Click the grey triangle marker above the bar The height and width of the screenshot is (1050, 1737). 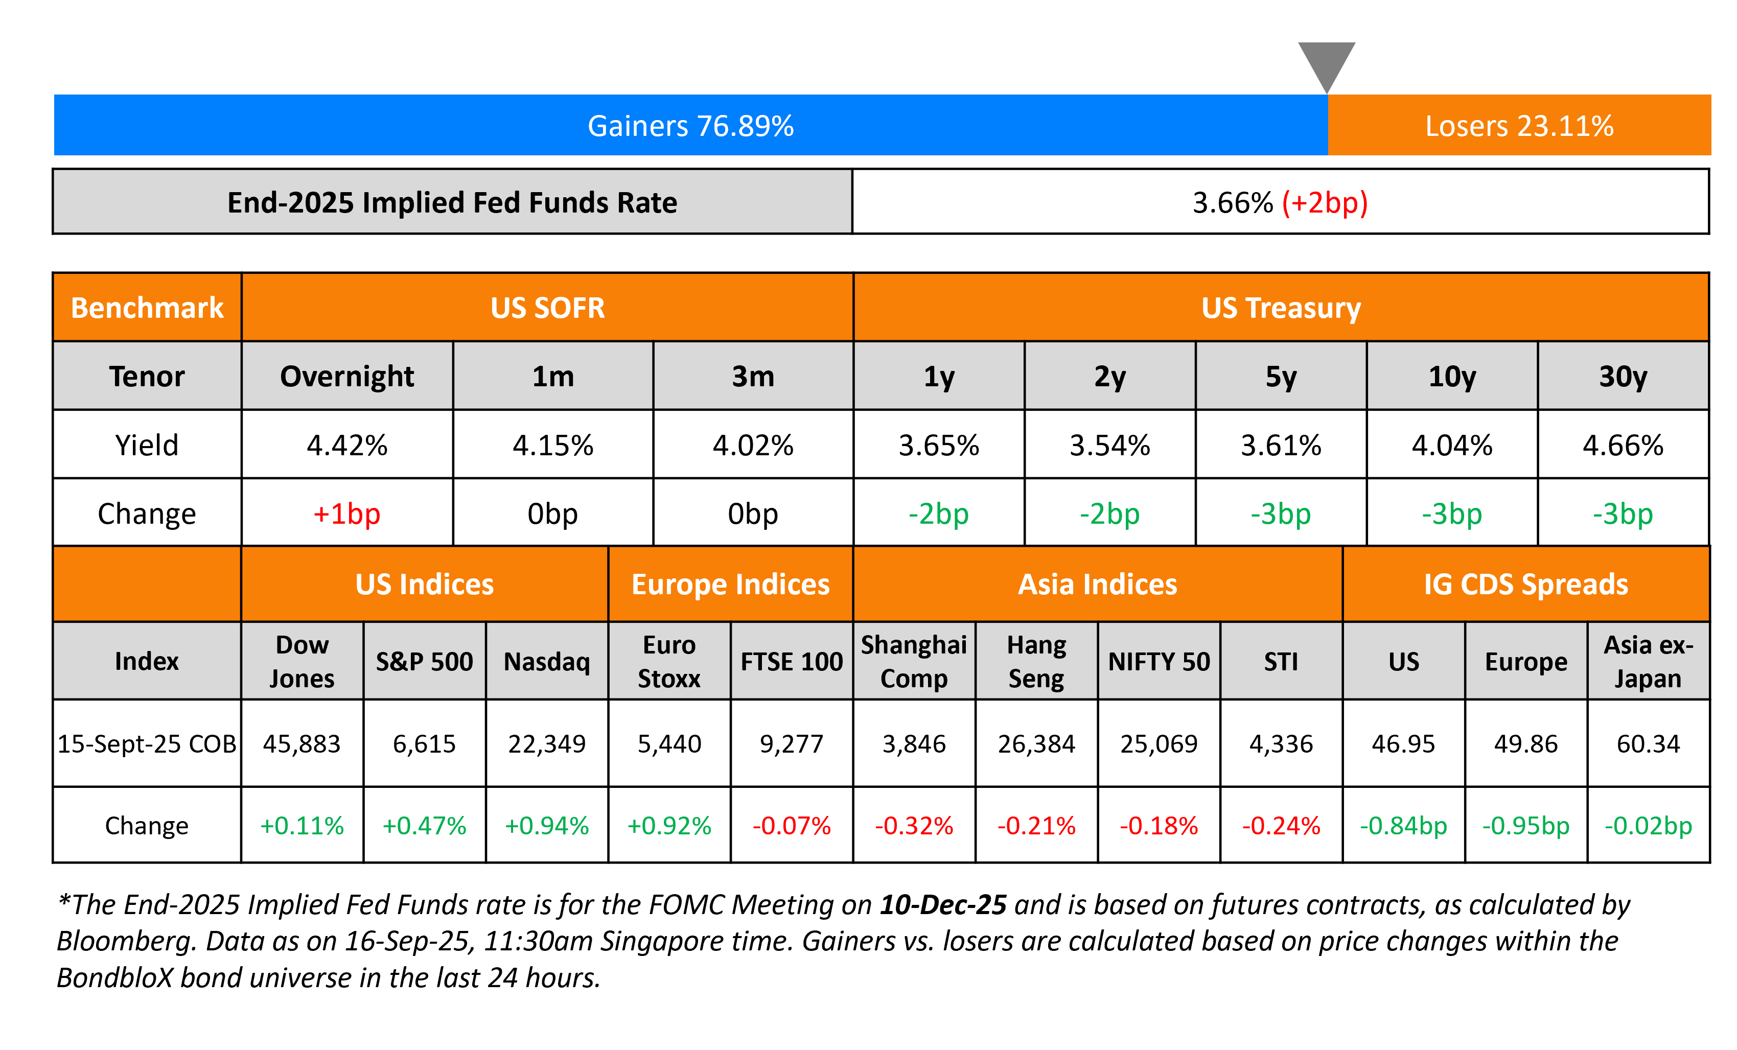click(1326, 63)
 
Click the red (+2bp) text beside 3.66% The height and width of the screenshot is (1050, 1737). click(1324, 203)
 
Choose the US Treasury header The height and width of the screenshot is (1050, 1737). click(1280, 308)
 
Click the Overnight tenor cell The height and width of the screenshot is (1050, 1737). click(347, 376)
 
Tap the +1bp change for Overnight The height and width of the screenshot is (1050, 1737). click(347, 514)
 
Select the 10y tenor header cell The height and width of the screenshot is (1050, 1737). click(1451, 376)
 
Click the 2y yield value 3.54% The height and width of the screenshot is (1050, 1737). click(1109, 446)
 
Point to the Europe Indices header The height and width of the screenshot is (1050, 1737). click(730, 584)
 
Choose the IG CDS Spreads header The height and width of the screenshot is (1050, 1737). click(1525, 584)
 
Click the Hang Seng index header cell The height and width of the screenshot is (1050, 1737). click(1036, 661)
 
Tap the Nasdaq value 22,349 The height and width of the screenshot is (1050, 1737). click(546, 743)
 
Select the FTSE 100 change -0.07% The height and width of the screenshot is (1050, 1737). click(791, 825)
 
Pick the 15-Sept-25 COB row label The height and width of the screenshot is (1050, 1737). click(147, 743)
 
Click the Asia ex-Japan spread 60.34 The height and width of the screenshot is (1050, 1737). click(1648, 743)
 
